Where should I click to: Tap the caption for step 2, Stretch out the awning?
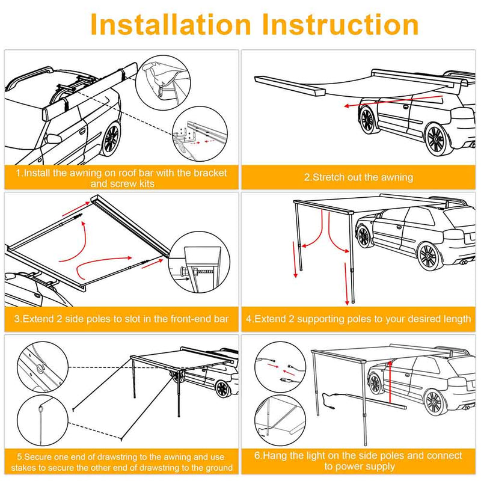point(358,177)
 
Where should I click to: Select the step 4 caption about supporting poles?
point(358,319)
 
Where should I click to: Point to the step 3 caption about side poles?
point(121,319)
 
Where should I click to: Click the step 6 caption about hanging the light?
point(358,461)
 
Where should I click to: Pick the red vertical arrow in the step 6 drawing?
point(390,379)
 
